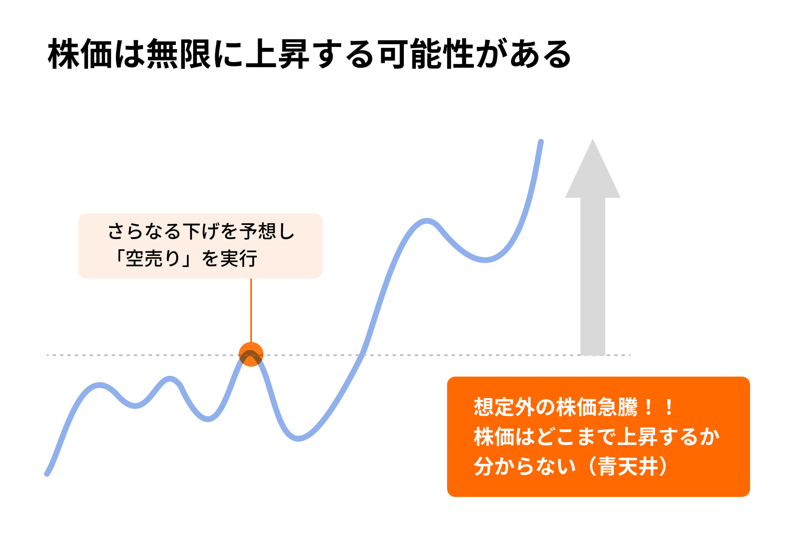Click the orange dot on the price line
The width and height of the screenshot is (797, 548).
point(251,354)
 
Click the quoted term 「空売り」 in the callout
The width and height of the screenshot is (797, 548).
point(152,259)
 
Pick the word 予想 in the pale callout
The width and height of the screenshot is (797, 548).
point(258,231)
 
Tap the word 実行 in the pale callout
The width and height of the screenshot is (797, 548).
point(239,259)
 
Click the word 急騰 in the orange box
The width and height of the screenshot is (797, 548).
point(617,407)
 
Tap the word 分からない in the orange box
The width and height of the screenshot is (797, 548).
point(525,466)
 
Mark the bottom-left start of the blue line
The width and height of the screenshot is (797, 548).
point(47,474)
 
